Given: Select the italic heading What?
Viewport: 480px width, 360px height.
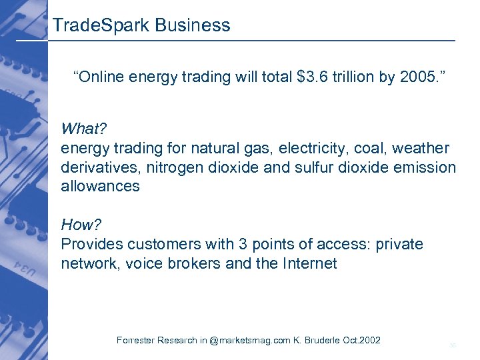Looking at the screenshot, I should (83, 128).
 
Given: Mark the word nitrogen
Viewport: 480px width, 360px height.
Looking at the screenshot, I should (169, 167).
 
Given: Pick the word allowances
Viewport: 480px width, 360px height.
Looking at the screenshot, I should (100, 186).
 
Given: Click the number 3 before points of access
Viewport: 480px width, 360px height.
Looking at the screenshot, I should (221, 244).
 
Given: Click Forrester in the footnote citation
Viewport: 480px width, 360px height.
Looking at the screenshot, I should (138, 341).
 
